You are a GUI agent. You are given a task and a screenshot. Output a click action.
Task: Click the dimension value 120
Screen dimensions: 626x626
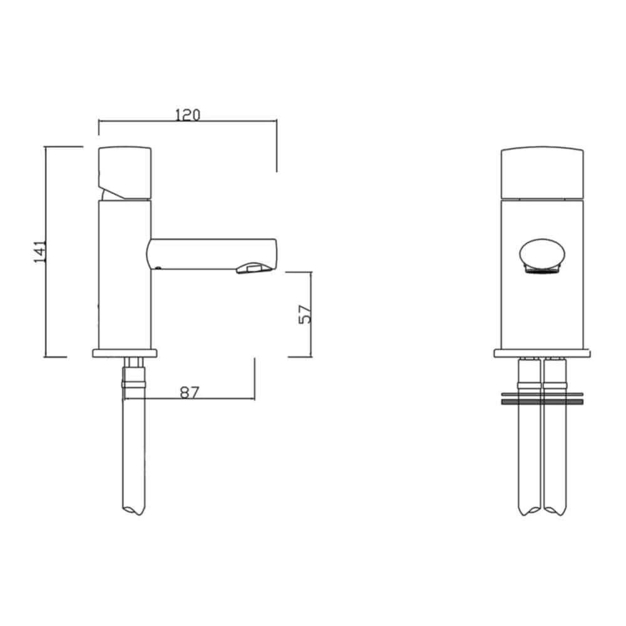tap(187, 115)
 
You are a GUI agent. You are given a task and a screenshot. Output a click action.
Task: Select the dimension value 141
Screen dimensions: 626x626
tap(40, 251)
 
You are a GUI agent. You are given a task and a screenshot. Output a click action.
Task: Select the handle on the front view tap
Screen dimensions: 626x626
tap(543, 173)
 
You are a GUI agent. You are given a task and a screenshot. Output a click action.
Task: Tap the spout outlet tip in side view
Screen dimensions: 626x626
tap(254, 269)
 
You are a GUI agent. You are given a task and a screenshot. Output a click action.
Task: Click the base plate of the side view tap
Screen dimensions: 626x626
tap(125, 353)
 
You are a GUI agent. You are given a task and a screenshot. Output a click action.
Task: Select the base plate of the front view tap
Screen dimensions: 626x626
tap(543, 354)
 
